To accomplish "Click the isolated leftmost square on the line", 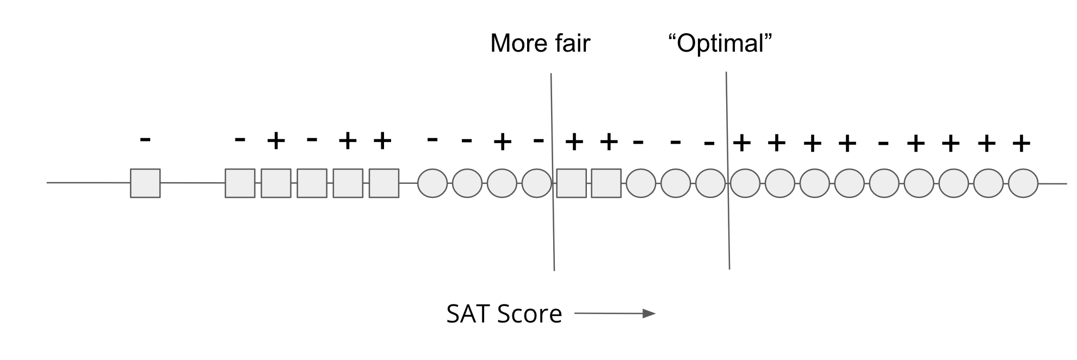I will point(145,183).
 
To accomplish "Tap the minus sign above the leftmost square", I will point(145,140).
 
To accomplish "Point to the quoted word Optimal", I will point(720,44).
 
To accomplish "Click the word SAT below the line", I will point(470,314).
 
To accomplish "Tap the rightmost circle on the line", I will point(1023,183).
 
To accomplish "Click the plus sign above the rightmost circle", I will point(1022,144).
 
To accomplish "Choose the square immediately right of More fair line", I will point(572,183).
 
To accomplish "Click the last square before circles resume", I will point(606,183).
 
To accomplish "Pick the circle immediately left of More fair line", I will point(537,183).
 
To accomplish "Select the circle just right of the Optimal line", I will point(745,183).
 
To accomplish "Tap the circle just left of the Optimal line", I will point(710,183).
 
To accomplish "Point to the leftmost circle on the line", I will point(432,183).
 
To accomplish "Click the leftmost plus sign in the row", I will point(276,141).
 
